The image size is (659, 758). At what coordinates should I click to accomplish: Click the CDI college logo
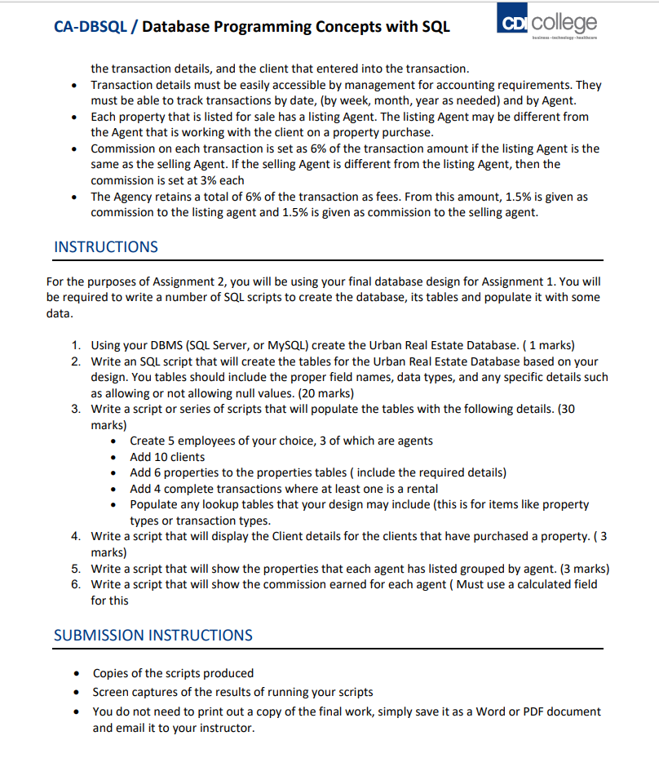point(546,24)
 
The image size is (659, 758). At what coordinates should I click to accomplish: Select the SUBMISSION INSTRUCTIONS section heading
point(153,635)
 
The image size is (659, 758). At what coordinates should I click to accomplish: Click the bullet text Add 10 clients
point(167,457)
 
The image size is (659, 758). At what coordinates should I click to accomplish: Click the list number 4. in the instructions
point(75,536)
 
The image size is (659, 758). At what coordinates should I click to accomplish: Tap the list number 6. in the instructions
point(75,584)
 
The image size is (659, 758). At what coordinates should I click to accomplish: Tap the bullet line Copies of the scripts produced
point(173,673)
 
